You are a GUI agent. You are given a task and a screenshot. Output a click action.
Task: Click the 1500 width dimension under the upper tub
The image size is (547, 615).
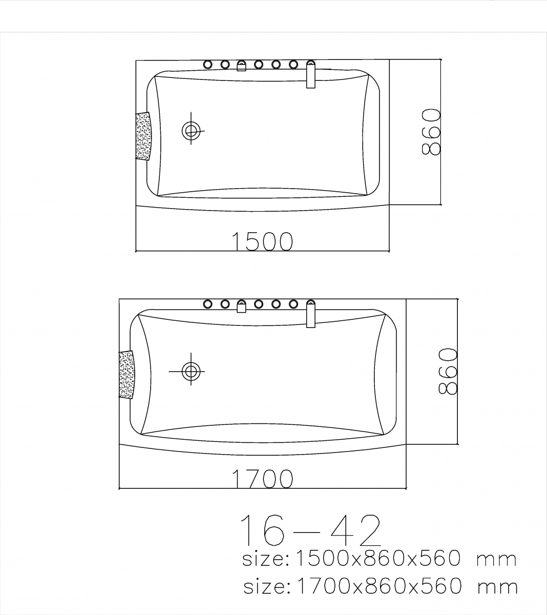click(262, 241)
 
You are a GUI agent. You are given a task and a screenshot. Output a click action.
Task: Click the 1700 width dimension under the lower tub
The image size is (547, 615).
click(262, 479)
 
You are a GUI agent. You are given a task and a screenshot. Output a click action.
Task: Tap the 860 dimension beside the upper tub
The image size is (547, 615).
click(431, 132)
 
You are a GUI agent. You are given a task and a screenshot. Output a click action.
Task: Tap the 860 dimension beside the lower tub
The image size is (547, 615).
click(448, 371)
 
